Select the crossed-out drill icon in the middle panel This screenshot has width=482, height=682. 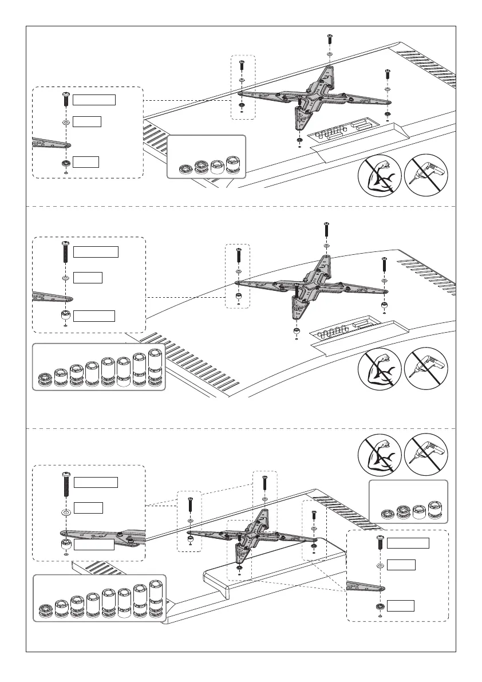pos(426,368)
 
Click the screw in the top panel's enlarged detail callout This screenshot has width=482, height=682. pos(65,99)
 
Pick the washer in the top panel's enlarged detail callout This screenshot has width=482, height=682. pos(65,122)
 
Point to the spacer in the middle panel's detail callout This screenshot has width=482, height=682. pos(65,316)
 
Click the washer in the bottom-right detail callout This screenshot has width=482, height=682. pos(380,566)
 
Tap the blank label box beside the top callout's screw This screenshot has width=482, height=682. pos(95,100)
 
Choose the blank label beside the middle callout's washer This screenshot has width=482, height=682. pos(88,278)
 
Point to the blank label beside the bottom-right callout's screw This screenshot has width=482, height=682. pos(408,543)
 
